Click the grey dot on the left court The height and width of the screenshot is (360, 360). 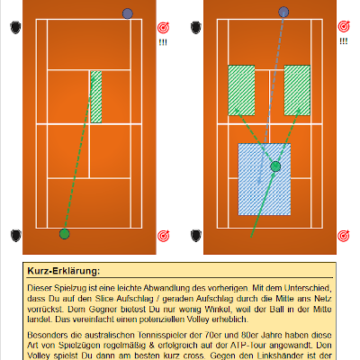click(127, 13)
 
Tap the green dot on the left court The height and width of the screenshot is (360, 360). click(64, 234)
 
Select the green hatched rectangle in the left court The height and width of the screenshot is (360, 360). click(96, 96)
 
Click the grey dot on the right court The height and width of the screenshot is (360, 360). click(284, 13)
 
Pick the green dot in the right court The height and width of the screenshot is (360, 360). click(275, 166)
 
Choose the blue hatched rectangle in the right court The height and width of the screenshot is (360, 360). click(264, 178)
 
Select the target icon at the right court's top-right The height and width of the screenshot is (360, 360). click(343, 28)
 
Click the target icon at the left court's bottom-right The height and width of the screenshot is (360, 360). click(163, 236)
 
